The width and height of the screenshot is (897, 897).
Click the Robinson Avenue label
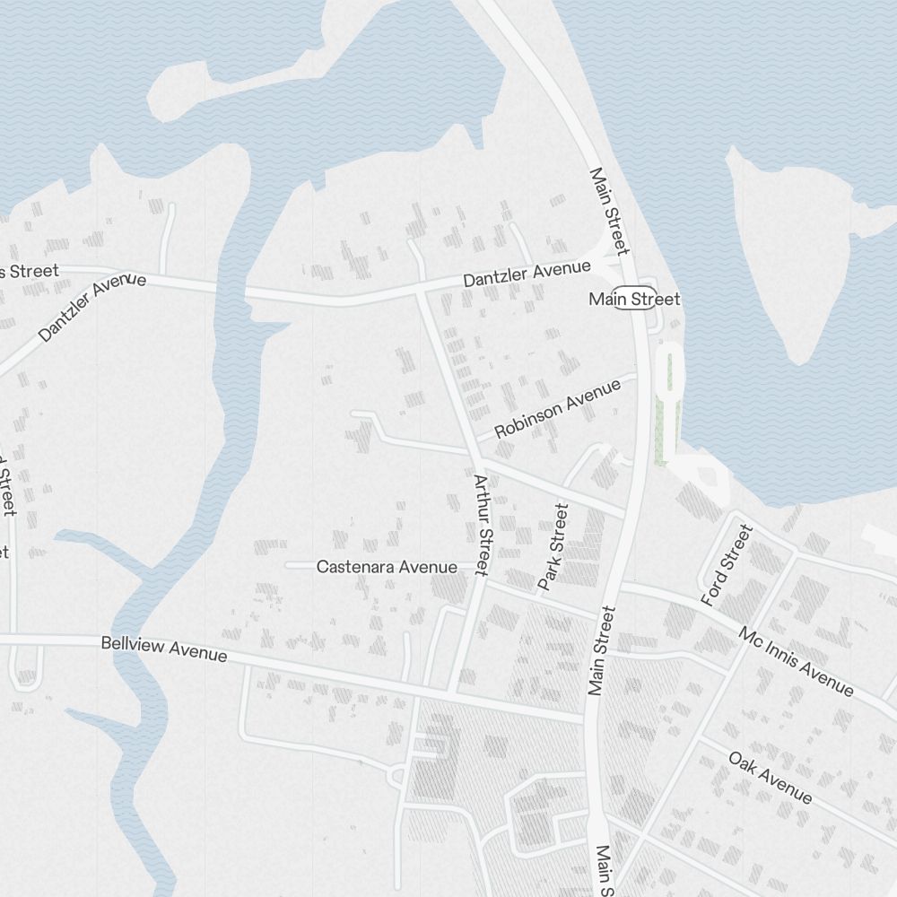pos(557,408)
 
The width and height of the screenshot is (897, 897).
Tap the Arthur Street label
pos(482,525)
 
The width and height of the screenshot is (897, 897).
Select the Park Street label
pos(553,547)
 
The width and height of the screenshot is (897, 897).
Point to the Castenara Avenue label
pos(387,567)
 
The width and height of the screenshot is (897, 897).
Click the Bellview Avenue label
pos(163,649)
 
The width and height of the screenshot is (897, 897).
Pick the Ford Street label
pos(726,565)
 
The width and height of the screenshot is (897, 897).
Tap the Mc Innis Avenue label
pos(796,661)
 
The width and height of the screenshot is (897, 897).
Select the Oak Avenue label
pos(771,777)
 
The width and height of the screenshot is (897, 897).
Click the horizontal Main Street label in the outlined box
pos(634,299)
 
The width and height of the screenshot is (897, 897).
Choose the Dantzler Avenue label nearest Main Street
pos(527,274)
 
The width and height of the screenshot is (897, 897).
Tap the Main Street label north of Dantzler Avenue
pos(610,210)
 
